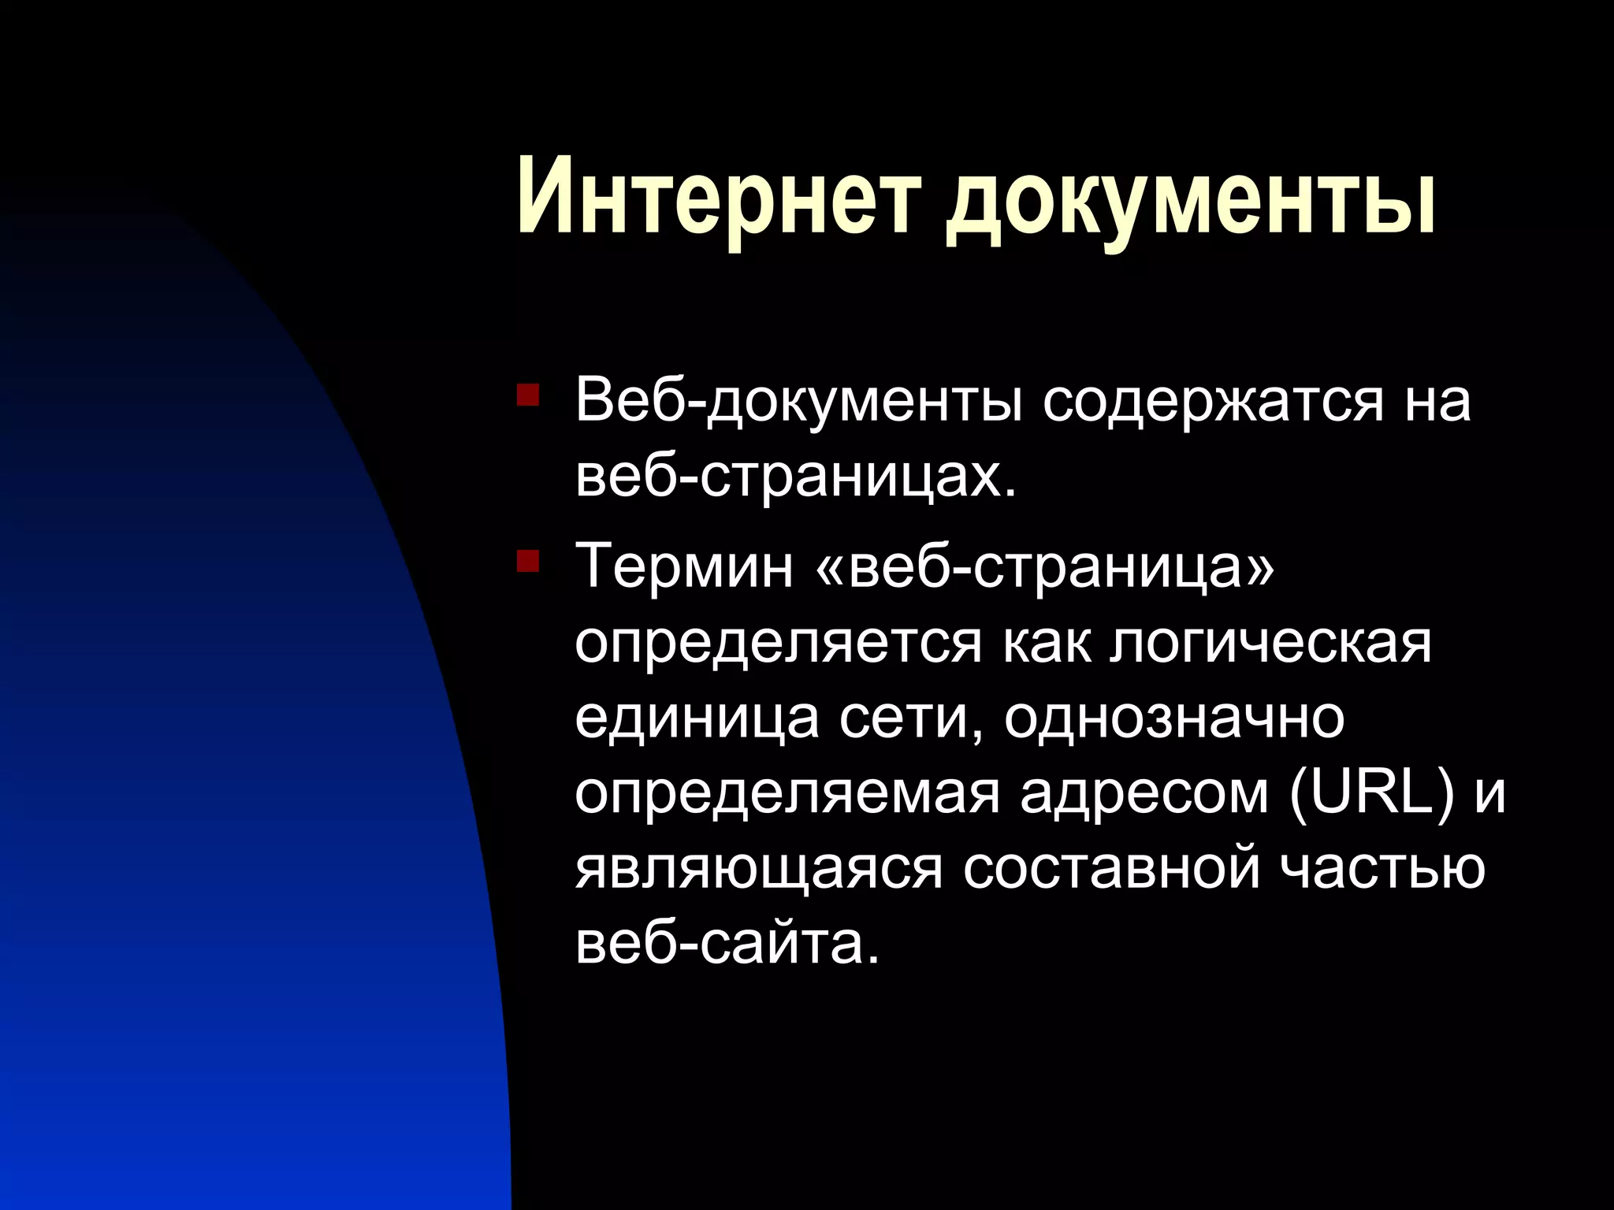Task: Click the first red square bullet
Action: pyautogui.click(x=527, y=395)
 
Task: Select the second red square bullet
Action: pyautogui.click(x=527, y=561)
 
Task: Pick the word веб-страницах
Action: pyautogui.click(x=795, y=477)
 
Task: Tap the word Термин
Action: pyautogui.click(x=685, y=565)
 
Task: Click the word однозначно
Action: pyautogui.click(x=1174, y=718)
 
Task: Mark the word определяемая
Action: pyautogui.click(x=787, y=792)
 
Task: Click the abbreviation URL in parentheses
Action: pyautogui.click(x=1371, y=791)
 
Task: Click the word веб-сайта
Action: pyautogui.click(x=726, y=942)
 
